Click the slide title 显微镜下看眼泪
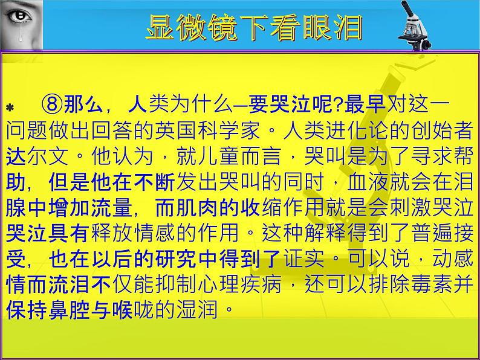[254, 27]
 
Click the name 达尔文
[36, 156]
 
